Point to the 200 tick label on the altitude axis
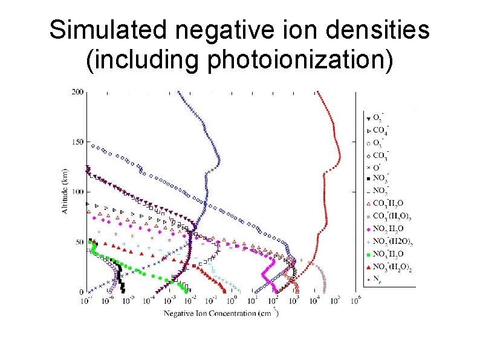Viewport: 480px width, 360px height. click(77, 92)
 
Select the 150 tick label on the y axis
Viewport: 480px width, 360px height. click(77, 142)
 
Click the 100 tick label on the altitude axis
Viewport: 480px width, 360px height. click(77, 192)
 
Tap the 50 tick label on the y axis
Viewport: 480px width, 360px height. click(79, 242)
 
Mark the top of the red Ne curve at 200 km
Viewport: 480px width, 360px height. click(318, 93)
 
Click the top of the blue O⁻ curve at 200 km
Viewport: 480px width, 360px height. click(178, 93)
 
